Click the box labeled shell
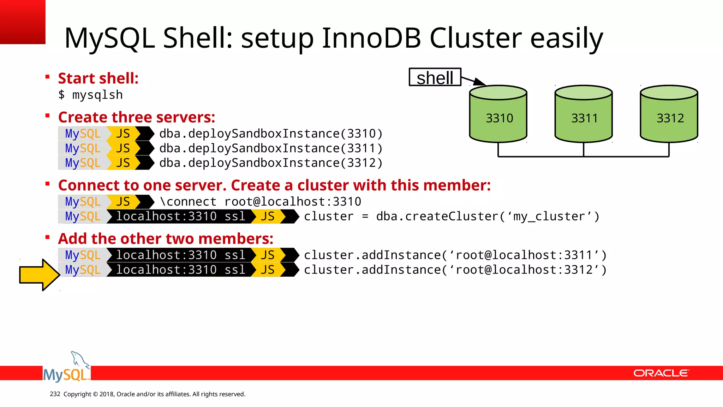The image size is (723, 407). click(435, 77)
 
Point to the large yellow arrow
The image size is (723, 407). click(39, 275)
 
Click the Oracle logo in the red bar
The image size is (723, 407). click(661, 373)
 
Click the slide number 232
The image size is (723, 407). click(55, 394)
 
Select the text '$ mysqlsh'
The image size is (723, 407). click(90, 95)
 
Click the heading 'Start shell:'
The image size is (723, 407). click(98, 78)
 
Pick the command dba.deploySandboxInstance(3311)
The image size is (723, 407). click(271, 148)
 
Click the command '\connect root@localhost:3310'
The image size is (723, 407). click(261, 202)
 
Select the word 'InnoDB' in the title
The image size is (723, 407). click(371, 38)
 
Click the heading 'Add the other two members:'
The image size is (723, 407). click(166, 239)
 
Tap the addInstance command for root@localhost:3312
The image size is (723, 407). click(455, 270)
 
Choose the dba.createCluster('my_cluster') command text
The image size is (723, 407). click(452, 217)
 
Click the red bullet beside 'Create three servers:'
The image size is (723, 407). click(47, 116)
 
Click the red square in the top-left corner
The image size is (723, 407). click(22, 22)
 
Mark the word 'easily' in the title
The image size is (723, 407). click(567, 38)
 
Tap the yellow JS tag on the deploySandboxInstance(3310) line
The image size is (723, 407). click(123, 134)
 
